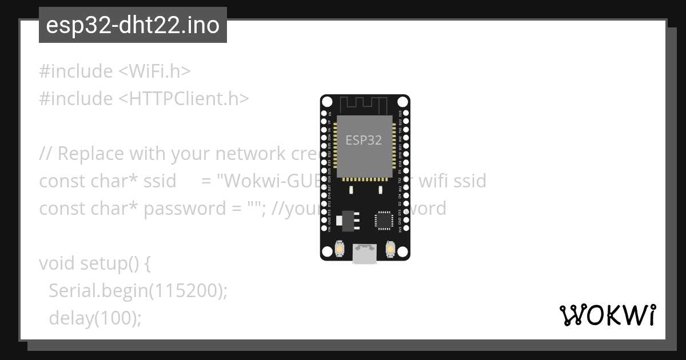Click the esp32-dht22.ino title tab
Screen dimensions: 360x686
[x=133, y=26]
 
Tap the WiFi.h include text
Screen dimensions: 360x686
[x=154, y=71]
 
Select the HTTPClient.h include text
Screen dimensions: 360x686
[x=184, y=99]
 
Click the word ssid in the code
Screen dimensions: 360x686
[x=159, y=181]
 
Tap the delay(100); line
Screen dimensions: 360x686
[x=95, y=318]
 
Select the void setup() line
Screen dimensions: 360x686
[x=95, y=263]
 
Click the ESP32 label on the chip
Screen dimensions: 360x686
[x=364, y=140]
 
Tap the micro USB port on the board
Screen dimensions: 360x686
[x=365, y=254]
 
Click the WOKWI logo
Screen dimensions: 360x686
[x=607, y=315]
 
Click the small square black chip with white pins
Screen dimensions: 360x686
[x=384, y=220]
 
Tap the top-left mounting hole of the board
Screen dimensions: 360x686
[x=328, y=102]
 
